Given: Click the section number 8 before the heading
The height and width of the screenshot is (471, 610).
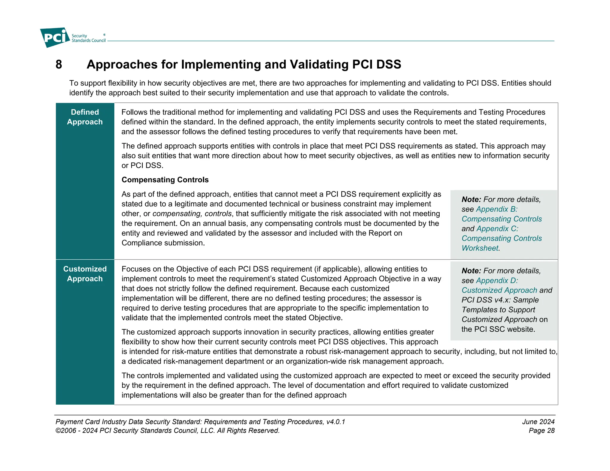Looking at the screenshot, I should [x=59, y=65].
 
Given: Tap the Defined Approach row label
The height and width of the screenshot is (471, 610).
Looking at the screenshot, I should [x=85, y=117].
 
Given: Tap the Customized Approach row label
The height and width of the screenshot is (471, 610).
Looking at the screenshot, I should [x=85, y=274].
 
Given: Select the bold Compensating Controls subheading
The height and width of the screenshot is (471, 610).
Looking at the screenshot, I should [x=165, y=180].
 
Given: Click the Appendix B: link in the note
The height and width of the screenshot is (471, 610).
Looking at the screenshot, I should [x=497, y=209].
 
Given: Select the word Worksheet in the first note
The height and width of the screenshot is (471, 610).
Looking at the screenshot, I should [x=480, y=248].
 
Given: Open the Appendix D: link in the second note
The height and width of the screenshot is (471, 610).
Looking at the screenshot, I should [x=497, y=281].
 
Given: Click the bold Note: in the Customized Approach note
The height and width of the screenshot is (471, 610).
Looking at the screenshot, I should [x=471, y=271].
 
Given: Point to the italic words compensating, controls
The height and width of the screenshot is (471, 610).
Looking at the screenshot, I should [x=192, y=214].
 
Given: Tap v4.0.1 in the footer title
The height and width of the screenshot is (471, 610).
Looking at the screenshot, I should [x=335, y=422].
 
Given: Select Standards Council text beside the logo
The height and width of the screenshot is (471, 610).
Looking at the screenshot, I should [x=88, y=40].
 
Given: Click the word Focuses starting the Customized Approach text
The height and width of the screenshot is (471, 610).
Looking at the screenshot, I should [x=136, y=269].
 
